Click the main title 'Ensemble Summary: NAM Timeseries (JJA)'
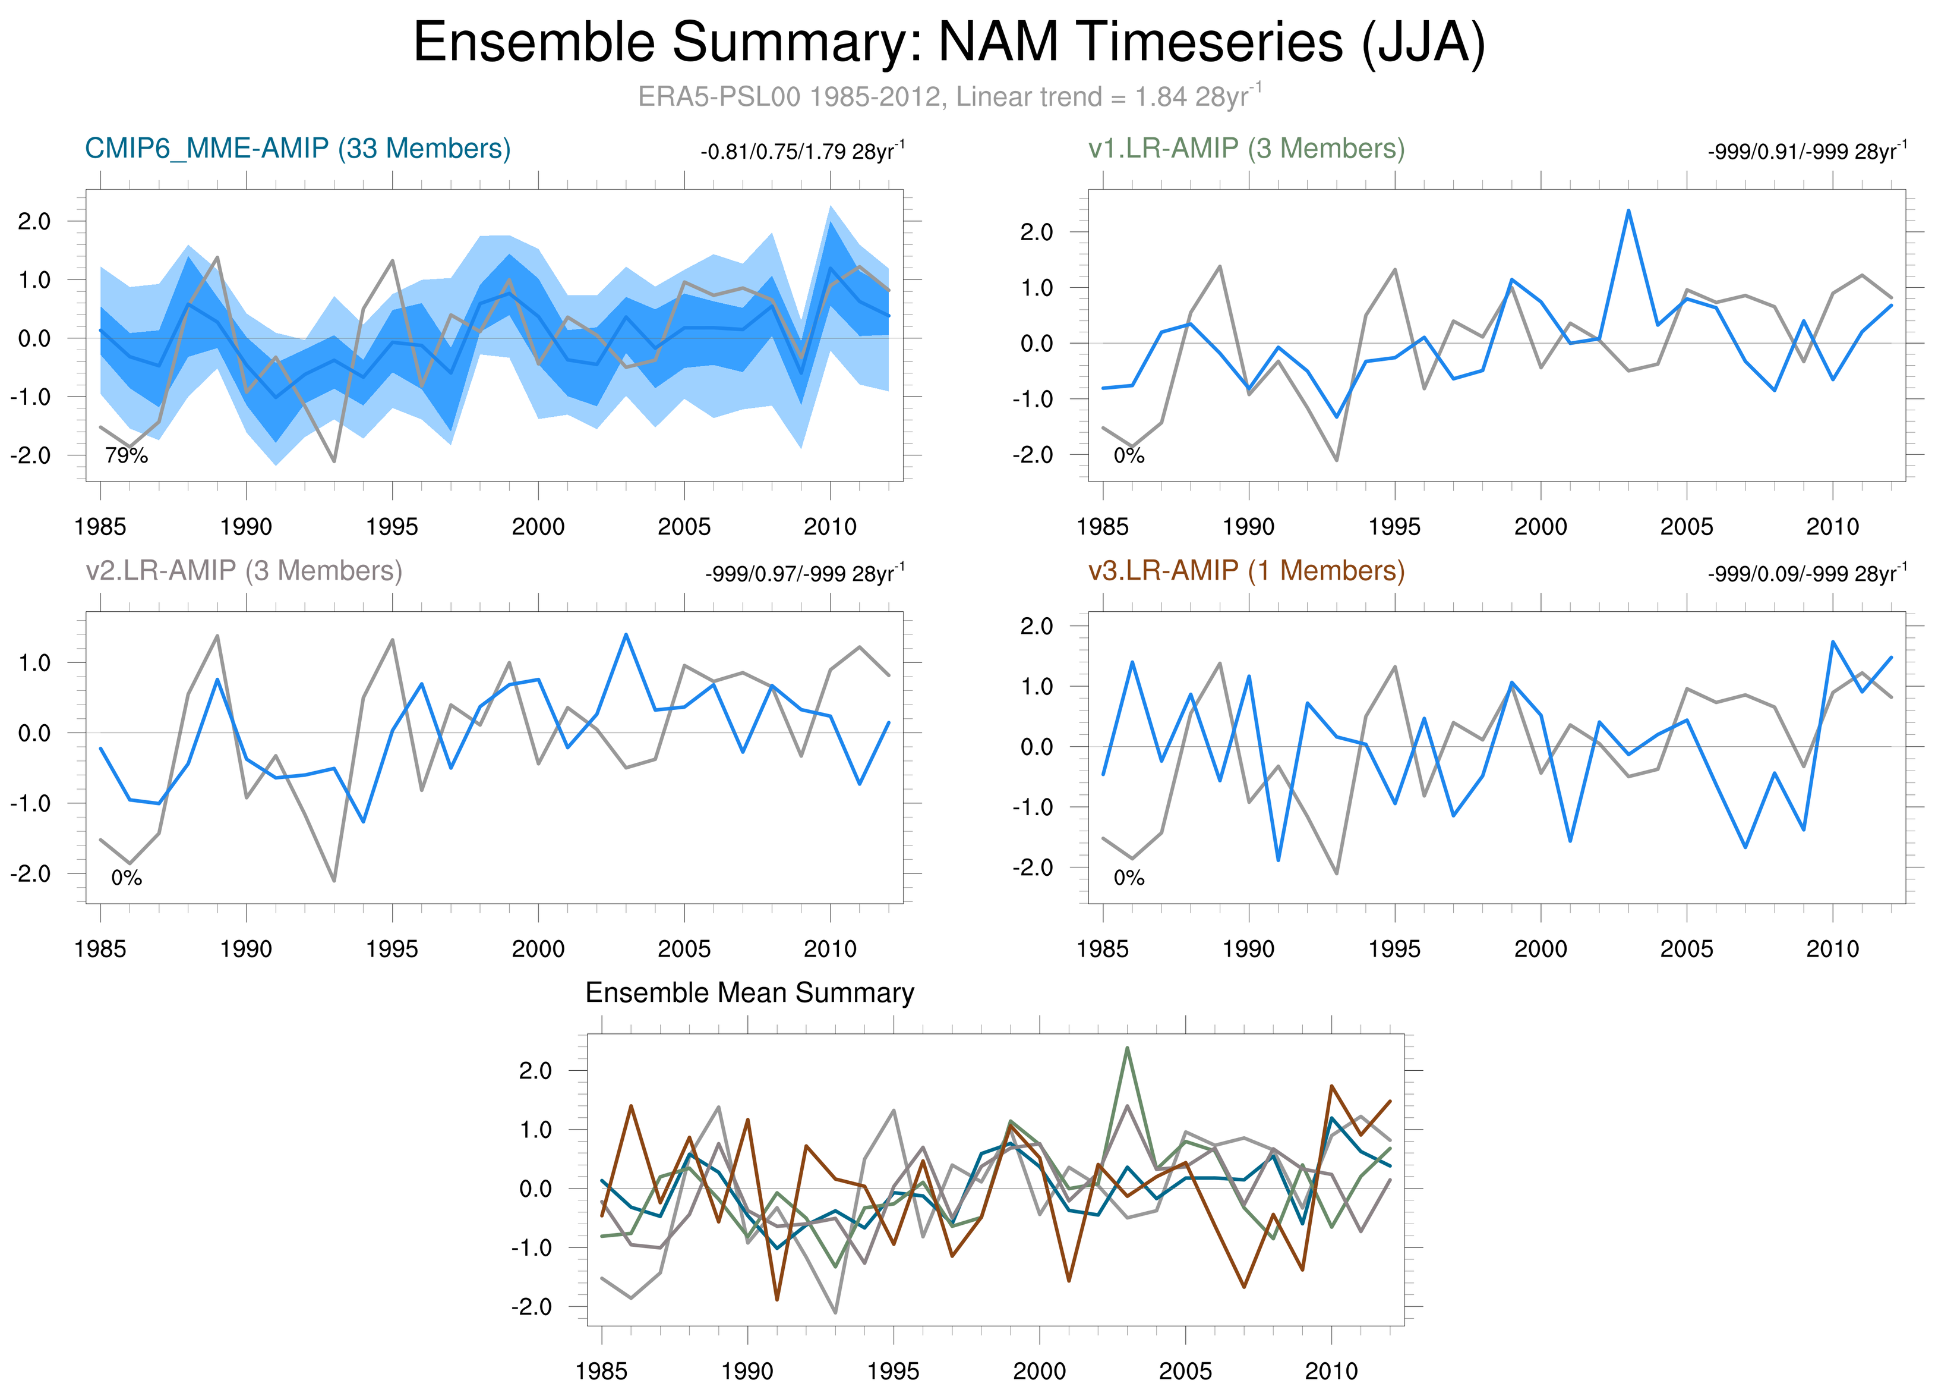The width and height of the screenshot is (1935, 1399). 949,43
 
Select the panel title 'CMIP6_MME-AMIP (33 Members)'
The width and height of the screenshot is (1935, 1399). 298,149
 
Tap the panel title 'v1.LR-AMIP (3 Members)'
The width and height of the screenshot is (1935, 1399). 1246,149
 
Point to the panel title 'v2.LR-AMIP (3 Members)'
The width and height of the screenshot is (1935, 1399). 244,570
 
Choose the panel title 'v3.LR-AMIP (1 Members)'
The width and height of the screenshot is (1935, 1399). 1246,570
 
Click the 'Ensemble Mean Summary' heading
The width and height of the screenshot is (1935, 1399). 749,993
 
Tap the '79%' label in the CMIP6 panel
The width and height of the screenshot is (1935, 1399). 127,456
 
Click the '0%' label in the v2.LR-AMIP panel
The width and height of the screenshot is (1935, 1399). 127,878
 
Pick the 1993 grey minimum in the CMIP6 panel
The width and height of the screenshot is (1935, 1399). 334,461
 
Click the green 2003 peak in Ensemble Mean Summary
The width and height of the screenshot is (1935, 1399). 1127,1048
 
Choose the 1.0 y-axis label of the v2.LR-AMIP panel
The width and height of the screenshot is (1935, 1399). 34,663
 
